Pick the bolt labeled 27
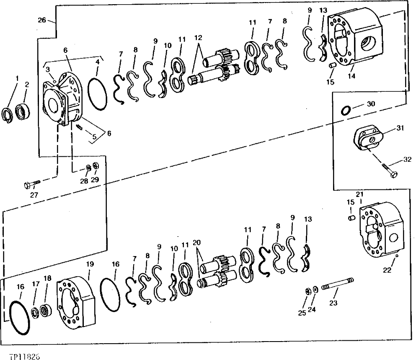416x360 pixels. coord(32,184)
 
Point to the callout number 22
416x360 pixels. coord(387,270)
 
